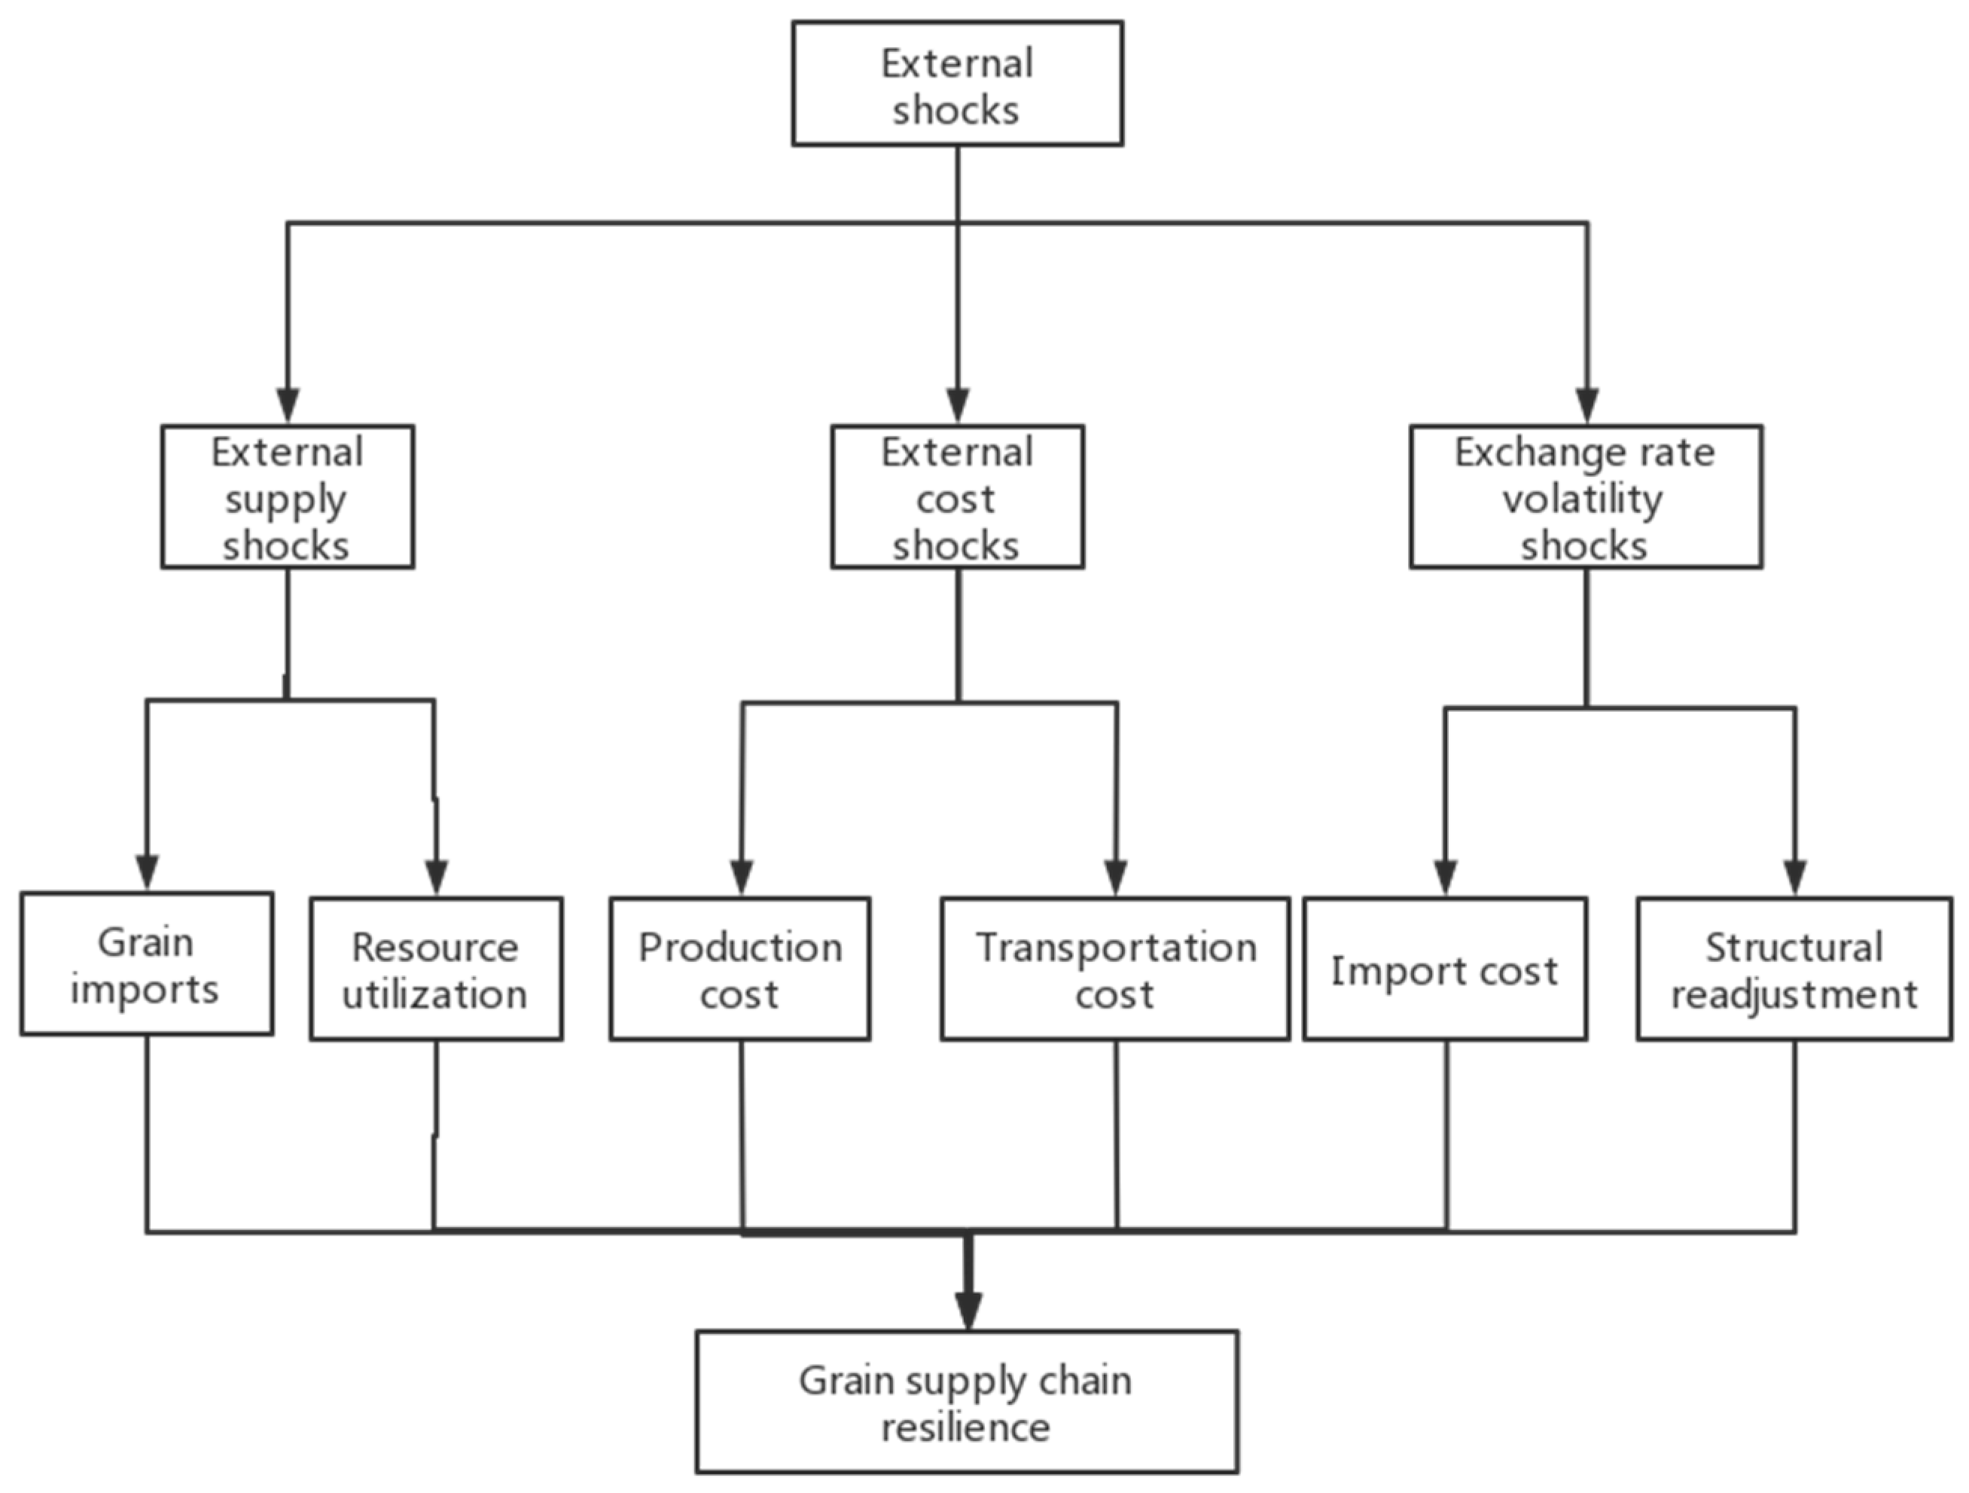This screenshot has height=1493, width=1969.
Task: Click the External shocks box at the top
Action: point(957,84)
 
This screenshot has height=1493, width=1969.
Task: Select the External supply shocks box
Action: point(287,496)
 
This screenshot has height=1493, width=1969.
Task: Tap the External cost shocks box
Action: point(957,496)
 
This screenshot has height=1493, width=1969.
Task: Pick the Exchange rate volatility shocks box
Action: point(1585,496)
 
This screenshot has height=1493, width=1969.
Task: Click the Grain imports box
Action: point(146,963)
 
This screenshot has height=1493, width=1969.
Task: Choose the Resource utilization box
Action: point(435,969)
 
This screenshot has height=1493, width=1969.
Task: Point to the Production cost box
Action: point(739,969)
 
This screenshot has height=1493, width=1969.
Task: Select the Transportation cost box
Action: point(1114,969)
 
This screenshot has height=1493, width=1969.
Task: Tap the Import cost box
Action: point(1445,969)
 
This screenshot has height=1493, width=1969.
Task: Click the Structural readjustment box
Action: point(1794,969)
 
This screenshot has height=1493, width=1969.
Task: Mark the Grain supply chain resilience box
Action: point(967,1402)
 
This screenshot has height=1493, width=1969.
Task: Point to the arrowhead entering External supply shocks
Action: point(287,406)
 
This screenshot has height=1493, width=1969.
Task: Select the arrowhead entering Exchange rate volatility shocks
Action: point(1587,406)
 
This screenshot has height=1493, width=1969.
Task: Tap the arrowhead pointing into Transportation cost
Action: point(1116,877)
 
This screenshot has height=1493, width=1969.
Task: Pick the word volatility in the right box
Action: point(1582,499)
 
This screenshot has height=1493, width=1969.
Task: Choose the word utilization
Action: point(434,994)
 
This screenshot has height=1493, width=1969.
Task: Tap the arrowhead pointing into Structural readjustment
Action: point(1794,877)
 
